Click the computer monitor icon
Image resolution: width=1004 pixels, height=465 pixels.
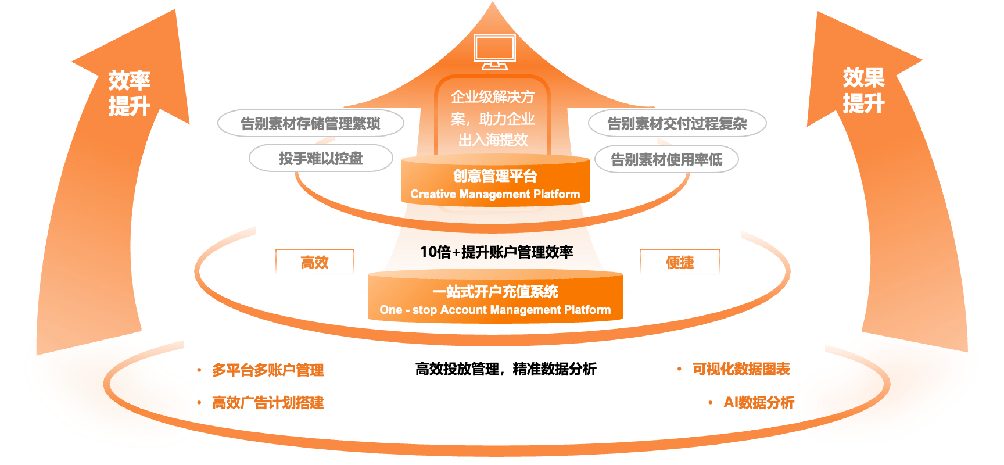click(x=494, y=51)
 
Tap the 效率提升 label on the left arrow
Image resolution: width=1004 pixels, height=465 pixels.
click(x=129, y=93)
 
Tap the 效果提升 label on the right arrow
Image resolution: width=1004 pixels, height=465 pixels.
click(x=863, y=90)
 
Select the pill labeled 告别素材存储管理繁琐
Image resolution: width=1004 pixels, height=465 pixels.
click(x=310, y=123)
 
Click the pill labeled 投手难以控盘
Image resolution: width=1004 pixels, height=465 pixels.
click(x=321, y=158)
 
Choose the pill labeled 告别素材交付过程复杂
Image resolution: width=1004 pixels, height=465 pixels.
click(x=677, y=123)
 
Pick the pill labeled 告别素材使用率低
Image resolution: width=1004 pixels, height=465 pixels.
click(x=666, y=159)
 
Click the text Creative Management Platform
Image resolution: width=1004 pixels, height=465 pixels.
click(x=495, y=194)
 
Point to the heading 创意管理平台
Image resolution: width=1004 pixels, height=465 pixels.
click(x=495, y=176)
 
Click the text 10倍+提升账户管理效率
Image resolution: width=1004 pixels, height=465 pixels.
click(x=496, y=252)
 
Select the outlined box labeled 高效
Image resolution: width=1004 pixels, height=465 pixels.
click(x=314, y=262)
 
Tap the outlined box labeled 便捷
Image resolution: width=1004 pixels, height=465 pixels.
click(x=680, y=262)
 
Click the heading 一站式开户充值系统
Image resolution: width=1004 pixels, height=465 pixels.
click(x=495, y=291)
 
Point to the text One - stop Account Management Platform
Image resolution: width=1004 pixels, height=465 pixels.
click(x=495, y=310)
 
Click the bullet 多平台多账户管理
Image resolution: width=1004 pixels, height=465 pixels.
click(x=268, y=370)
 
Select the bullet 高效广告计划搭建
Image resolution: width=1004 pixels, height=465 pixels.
click(x=268, y=402)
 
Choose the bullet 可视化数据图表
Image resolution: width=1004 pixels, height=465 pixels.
click(x=741, y=369)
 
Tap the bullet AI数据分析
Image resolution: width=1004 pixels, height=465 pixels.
click(x=758, y=402)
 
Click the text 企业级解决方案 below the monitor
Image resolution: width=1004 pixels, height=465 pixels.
click(x=493, y=108)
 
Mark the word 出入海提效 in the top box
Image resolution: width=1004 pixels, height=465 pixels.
click(x=493, y=140)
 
